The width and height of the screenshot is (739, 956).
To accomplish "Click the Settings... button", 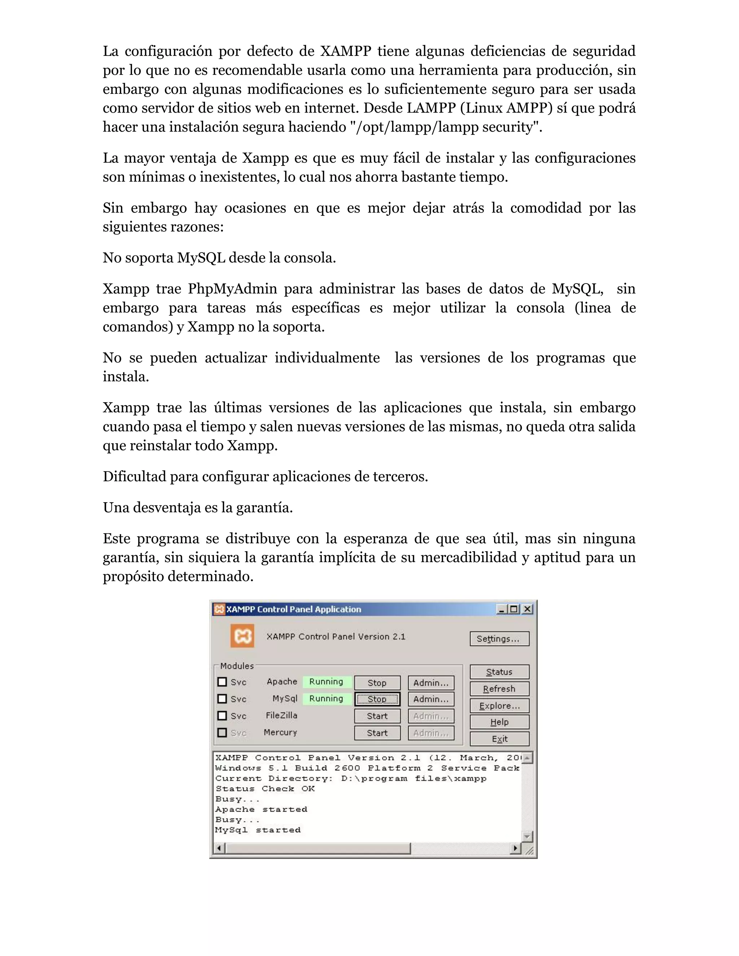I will [499, 639].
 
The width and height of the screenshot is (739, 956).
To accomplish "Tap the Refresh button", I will [499, 689].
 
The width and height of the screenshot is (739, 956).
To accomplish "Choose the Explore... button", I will [499, 706].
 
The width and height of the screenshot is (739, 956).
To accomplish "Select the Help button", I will [499, 722].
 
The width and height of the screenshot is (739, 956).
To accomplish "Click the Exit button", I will [499, 739].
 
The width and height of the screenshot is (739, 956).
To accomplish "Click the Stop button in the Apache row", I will [377, 683].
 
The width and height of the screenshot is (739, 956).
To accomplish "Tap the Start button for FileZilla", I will [377, 716].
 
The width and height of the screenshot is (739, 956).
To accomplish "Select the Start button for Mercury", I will [377, 733].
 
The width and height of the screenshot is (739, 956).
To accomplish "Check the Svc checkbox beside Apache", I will [222, 682].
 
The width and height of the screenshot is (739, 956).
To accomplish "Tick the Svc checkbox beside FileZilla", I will [222, 716].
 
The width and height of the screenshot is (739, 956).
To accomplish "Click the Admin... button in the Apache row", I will [431, 683].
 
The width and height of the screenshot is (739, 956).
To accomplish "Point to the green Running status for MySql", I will [327, 699].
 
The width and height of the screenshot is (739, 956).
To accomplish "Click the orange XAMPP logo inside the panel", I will [242, 636].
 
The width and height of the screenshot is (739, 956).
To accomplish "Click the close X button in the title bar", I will [528, 609].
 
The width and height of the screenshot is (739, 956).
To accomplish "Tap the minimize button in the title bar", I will [502, 609].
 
